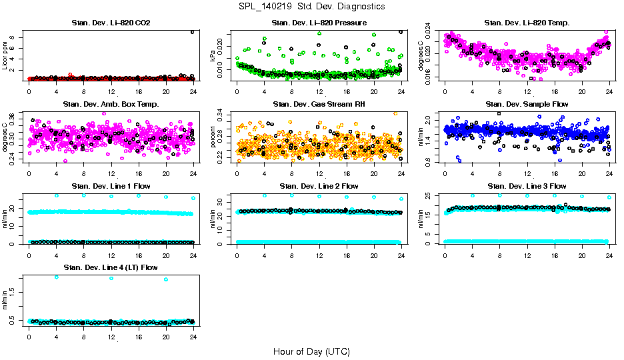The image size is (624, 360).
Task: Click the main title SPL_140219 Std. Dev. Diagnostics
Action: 311,7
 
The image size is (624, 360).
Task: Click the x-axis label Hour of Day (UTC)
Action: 311,351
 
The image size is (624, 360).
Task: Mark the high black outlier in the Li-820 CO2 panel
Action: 192,32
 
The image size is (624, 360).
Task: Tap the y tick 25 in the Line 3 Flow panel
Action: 429,195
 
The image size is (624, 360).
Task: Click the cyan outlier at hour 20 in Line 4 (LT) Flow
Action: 165,279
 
